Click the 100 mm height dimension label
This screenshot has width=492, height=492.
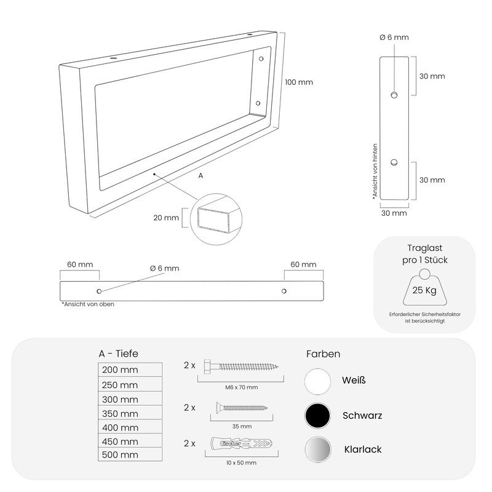[299, 82]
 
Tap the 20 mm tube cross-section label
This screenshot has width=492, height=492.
[166, 218]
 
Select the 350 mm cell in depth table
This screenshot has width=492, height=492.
[130, 412]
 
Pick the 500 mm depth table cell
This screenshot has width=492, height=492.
[130, 454]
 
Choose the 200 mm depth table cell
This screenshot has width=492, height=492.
[130, 370]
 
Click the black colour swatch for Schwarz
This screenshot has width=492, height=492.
[317, 416]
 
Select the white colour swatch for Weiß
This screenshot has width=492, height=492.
[317, 381]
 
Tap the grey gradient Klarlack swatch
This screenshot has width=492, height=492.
[318, 450]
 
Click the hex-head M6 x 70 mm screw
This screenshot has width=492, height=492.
[241, 366]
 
